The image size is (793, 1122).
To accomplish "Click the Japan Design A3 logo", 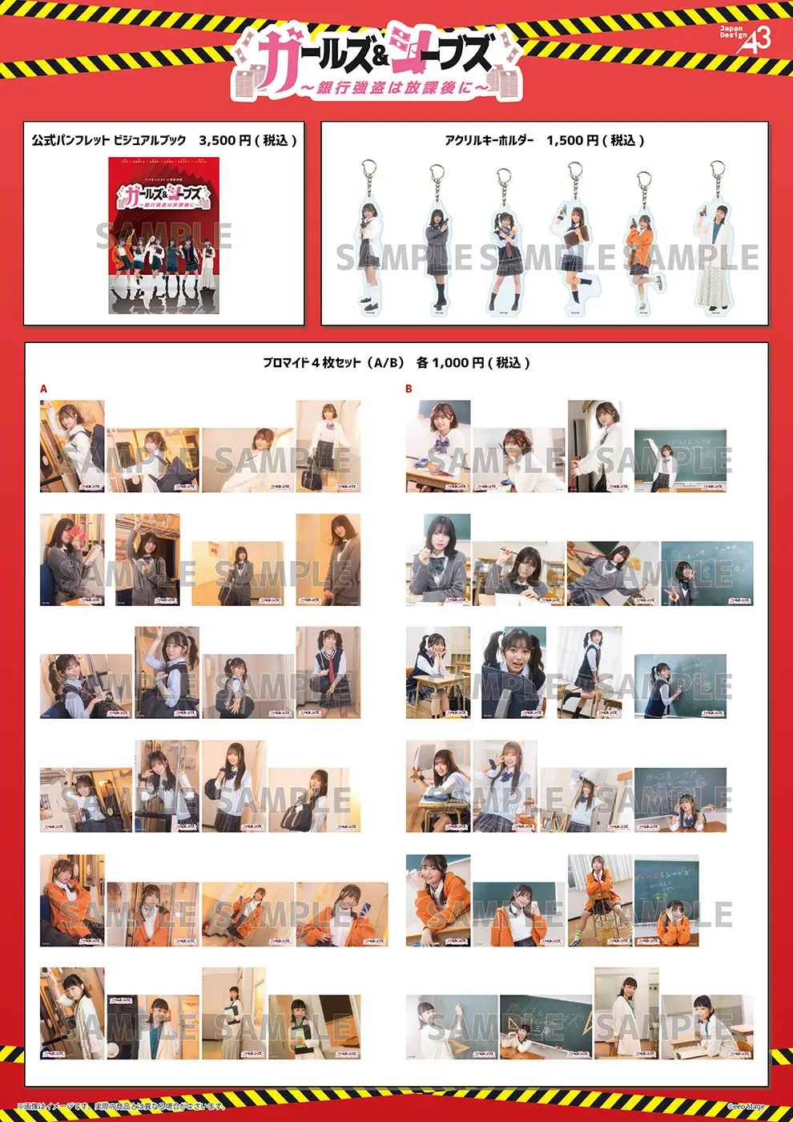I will click(746, 38).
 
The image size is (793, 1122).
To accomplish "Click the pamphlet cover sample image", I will click(164, 235).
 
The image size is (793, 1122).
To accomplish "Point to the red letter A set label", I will click(44, 389).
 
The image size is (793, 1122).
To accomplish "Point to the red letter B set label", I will click(409, 389).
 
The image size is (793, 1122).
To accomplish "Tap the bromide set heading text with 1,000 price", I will click(396, 363).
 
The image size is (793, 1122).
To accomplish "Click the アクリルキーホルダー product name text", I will click(489, 140).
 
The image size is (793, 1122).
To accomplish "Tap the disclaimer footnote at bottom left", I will click(120, 1107).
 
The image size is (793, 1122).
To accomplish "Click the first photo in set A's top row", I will click(72, 446).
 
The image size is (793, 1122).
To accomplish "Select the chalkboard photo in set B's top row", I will click(680, 460).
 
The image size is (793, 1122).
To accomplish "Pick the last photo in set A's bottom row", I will click(314, 1027).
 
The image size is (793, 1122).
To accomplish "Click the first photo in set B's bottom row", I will click(452, 1027).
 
